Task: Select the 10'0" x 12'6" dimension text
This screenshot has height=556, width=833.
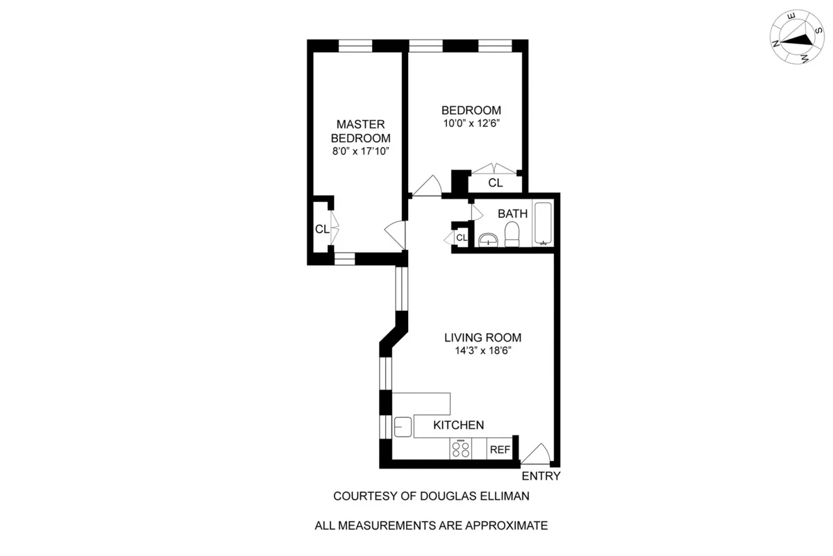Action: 471,124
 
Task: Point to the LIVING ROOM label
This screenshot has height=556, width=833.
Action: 482,338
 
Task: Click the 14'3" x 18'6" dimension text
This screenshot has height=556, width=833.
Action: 482,351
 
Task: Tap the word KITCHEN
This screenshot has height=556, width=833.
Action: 459,426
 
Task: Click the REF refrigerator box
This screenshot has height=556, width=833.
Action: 500,450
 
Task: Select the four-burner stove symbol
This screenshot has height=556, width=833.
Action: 460,450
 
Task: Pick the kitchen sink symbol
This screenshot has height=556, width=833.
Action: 403,427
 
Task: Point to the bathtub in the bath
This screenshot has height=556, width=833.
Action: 543,224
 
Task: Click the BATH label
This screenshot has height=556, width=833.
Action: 512,214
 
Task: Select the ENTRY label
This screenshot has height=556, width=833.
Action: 541,476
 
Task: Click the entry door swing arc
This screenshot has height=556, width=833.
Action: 536,453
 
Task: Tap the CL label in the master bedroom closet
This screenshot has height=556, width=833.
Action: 321,229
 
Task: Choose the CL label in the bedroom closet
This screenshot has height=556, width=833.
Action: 495,183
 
